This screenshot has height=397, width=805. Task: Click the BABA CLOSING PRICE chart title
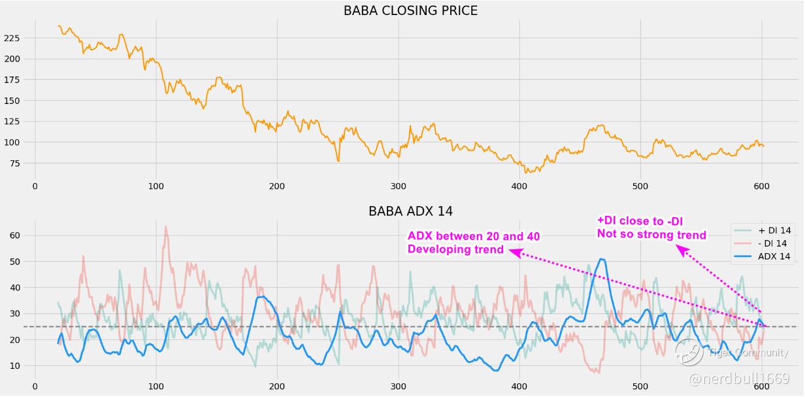pos(410,10)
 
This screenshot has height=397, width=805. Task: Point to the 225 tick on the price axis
pos(12,38)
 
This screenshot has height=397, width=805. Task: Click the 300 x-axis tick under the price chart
pos(398,186)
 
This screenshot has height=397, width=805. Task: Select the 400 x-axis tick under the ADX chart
pos(519,387)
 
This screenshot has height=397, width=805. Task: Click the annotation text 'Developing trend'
pos(456,249)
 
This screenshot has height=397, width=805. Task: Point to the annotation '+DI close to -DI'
pos(640,221)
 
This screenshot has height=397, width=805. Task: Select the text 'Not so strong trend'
pos(651,235)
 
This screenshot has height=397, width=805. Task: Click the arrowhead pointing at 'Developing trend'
pos(514,251)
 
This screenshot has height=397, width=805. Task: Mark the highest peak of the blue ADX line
pos(601,259)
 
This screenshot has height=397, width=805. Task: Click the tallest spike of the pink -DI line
pos(165,226)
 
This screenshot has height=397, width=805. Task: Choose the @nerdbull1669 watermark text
pos(738,379)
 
